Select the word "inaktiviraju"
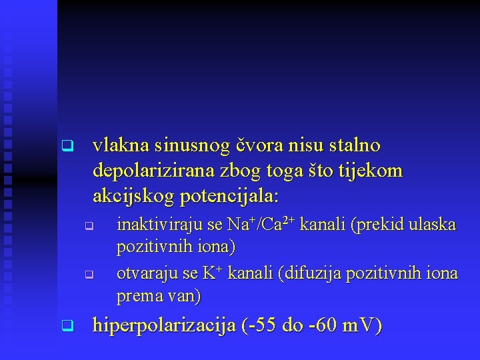point(155,225)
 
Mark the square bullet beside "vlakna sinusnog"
point(65,145)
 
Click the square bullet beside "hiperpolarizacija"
point(65,326)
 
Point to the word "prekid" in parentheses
point(379,225)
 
